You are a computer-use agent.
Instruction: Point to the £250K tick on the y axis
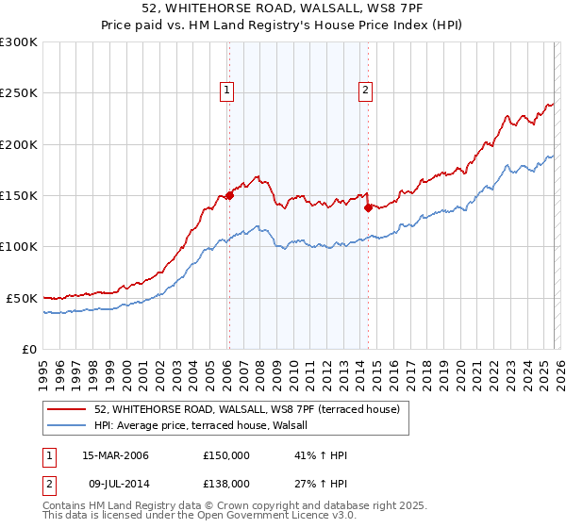[x=19, y=93]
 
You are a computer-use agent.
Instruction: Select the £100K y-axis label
[x=19, y=247]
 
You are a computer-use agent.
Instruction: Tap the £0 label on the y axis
[x=28, y=349]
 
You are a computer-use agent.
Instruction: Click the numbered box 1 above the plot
[x=228, y=91]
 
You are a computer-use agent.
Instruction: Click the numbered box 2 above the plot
[x=365, y=91]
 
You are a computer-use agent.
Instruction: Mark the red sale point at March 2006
[x=229, y=196]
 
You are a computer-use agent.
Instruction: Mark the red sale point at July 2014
[x=368, y=208]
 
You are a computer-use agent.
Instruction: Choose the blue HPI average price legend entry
[x=208, y=426]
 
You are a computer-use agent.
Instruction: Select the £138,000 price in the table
[x=226, y=483]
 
